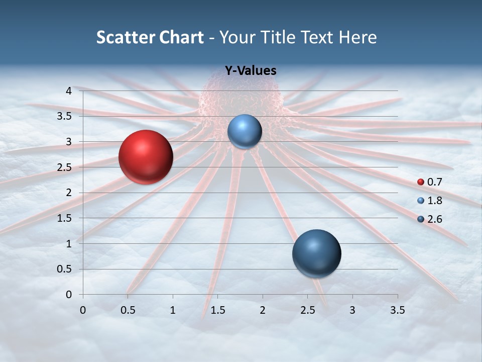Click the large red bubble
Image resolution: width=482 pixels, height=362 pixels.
click(x=146, y=157)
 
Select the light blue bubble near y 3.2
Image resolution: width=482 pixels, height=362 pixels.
click(x=245, y=131)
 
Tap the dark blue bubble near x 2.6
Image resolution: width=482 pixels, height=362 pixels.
click(x=316, y=253)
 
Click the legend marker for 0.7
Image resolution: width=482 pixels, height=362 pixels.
click(x=421, y=182)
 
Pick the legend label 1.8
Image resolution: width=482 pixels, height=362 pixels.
click(x=434, y=201)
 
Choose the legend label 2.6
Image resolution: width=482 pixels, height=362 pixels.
click(x=434, y=219)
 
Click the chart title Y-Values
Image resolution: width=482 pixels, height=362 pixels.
click(x=250, y=71)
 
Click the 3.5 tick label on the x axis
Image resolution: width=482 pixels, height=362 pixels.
click(x=398, y=310)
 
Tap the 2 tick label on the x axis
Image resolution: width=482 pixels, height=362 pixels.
click(x=263, y=310)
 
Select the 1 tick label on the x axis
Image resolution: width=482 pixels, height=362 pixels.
click(x=173, y=310)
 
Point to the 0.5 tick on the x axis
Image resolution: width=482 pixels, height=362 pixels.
click(x=128, y=310)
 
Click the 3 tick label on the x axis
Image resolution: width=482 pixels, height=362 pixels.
click(x=352, y=310)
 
